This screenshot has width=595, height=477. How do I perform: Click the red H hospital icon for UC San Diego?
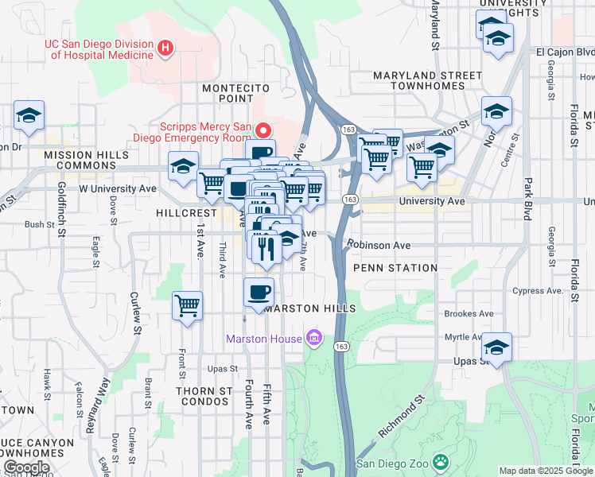[165, 48]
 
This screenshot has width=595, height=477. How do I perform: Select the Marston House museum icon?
[314, 339]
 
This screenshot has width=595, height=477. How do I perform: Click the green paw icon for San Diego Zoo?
[440, 463]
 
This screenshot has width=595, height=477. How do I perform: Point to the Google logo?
[26, 467]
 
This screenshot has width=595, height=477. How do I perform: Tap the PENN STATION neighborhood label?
[395, 268]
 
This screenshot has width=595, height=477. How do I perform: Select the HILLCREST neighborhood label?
[186, 213]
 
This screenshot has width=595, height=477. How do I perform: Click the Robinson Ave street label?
[379, 246]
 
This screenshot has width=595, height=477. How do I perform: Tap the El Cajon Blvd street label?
[565, 52]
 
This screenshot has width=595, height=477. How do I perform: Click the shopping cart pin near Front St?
[188, 304]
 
